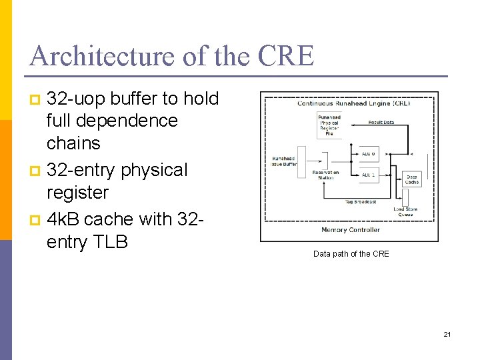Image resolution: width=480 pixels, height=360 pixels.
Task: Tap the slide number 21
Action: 447,333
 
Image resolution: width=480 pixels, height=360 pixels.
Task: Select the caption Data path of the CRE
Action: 351,254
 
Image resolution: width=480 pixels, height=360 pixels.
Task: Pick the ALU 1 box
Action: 368,175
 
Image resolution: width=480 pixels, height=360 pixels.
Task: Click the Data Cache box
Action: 412,179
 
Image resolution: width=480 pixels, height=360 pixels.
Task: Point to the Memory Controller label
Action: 350,230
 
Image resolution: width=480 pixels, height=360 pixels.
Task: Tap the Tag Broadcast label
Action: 361,201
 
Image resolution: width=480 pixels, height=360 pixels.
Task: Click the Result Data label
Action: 381,123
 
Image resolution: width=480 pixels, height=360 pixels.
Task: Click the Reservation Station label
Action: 326,175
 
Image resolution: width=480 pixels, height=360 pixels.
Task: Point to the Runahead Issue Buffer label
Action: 284,161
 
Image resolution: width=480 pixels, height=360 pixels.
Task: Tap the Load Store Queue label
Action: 406,211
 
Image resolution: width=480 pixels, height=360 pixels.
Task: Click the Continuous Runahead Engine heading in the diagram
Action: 354,103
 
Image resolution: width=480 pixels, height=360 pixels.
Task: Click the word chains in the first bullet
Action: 73,143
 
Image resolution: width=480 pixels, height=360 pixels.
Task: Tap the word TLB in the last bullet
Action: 110,241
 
